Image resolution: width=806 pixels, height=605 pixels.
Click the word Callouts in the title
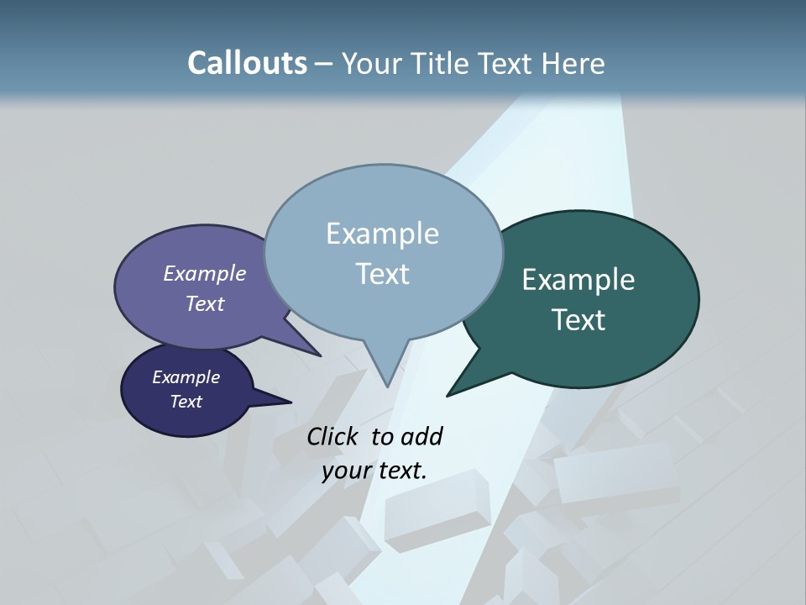pos(247,63)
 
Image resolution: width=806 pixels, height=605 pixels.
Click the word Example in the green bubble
pos(578,280)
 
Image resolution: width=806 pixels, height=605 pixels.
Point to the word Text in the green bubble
pos(578,320)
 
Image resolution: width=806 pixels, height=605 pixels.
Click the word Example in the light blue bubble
pos(382,234)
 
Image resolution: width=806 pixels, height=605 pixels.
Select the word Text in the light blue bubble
pos(382,274)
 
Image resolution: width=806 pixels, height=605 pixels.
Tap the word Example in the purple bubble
pos(205,273)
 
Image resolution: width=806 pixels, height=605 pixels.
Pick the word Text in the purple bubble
pos(205,303)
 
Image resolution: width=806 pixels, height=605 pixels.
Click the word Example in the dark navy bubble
pos(186,377)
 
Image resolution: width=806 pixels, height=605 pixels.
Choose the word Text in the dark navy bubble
pos(186,402)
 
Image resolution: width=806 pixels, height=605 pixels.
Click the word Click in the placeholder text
pos(333,436)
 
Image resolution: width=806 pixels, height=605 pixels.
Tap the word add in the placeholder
pos(421,436)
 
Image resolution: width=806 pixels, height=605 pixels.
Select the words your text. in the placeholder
pos(374,471)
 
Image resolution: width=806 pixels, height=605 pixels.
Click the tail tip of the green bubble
pos(447,395)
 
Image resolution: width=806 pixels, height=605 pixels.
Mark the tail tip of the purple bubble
pos(320,355)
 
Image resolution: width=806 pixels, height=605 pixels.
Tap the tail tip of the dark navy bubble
pos(290,402)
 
